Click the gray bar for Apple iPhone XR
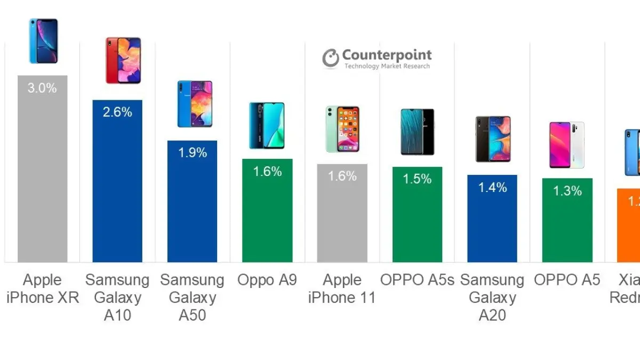pos(43,176)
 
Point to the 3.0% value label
pos(43,88)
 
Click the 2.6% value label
pos(117,112)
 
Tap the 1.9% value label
pos(192,153)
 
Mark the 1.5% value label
pos(417,179)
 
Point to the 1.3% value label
pos(567,190)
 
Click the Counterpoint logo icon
pos(330,58)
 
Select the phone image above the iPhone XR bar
pos(43,41)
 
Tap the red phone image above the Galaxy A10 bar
pos(123,60)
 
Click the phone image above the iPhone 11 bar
pos(342,129)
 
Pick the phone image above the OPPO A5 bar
pos(567,145)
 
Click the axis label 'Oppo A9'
pos(267,280)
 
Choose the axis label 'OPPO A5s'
pos(417,280)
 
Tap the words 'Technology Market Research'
pos(387,66)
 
